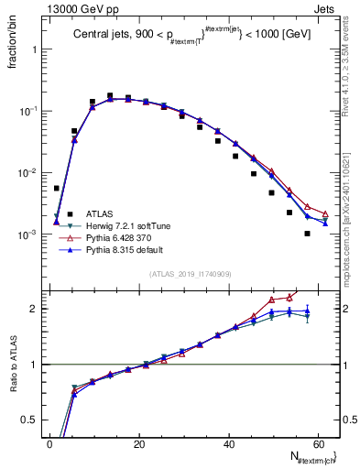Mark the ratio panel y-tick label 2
34,309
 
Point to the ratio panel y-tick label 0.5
30,420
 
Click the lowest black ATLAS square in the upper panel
308,234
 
